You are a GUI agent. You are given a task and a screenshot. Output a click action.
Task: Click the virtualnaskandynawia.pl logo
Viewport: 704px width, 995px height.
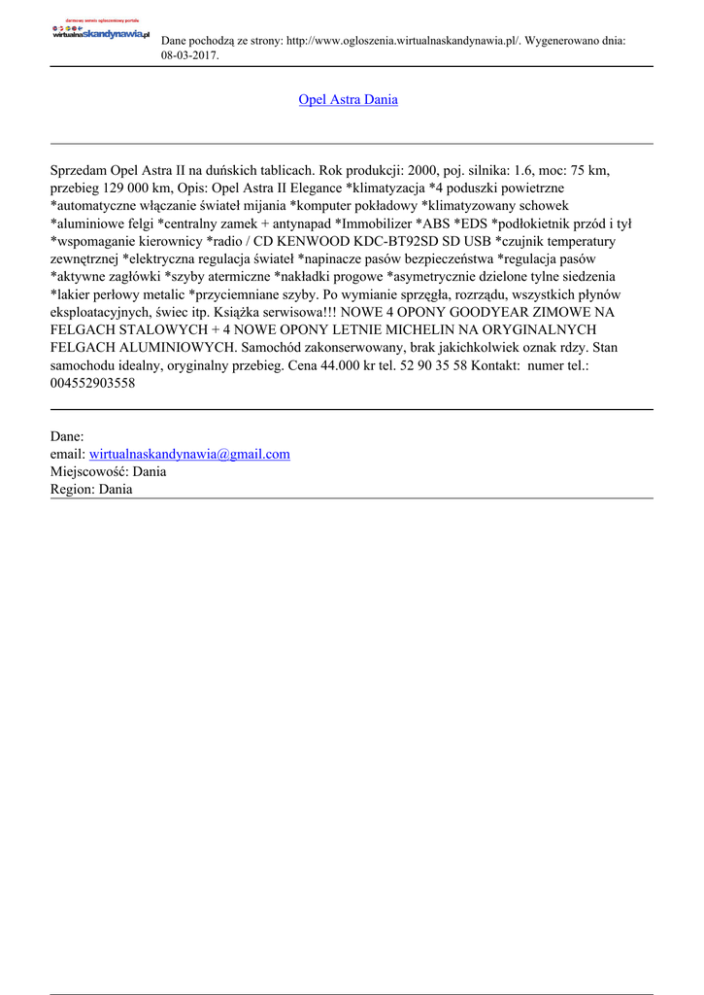[x=100, y=32]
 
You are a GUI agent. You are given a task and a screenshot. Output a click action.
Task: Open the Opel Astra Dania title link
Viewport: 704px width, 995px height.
[x=348, y=99]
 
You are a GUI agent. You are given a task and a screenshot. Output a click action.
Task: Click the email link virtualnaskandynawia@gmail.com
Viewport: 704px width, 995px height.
[x=189, y=454]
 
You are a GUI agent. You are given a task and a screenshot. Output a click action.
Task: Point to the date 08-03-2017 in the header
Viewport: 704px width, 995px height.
[x=188, y=55]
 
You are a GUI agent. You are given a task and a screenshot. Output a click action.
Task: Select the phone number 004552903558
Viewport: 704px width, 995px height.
[x=92, y=383]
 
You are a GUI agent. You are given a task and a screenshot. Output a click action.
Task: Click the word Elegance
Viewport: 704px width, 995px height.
[x=311, y=188]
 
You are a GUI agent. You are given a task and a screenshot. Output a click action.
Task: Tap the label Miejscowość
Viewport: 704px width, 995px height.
[x=88, y=471]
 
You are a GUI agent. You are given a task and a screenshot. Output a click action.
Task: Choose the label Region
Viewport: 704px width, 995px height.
[x=72, y=489]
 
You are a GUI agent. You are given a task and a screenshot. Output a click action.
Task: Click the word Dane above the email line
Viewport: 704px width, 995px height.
[x=66, y=436]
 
